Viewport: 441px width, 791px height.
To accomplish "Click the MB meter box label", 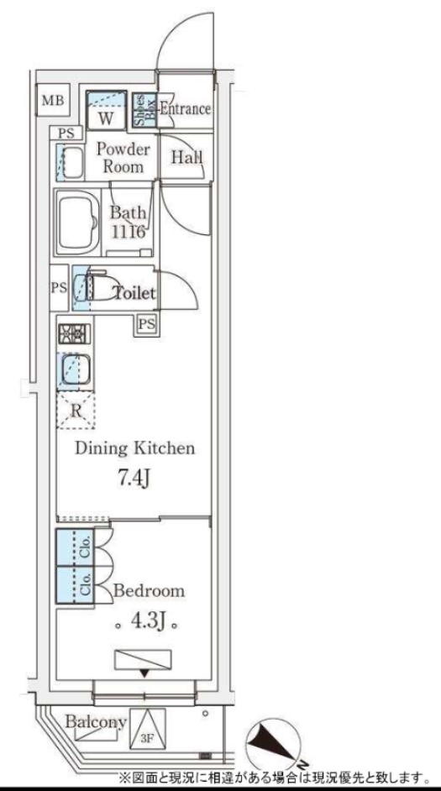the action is pyautogui.click(x=53, y=101).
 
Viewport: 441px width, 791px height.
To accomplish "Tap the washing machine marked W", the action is pyautogui.click(x=106, y=111).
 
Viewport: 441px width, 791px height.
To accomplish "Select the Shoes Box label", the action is pyautogui.click(x=145, y=109).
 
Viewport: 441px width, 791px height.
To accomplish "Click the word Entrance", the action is pyautogui.click(x=185, y=108).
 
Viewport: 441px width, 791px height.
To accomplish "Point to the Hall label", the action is pyautogui.click(x=186, y=157).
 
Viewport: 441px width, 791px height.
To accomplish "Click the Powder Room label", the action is pyautogui.click(x=123, y=158).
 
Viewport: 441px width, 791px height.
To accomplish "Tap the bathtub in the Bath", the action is pyautogui.click(x=78, y=222).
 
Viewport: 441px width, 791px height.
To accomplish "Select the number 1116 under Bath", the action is pyautogui.click(x=129, y=232).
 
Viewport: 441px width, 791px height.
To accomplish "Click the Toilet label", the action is pyautogui.click(x=134, y=293).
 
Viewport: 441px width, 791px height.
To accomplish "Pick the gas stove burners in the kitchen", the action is pyautogui.click(x=74, y=333).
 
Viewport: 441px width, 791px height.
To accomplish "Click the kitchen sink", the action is pyautogui.click(x=75, y=372).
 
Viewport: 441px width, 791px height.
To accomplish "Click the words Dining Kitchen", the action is pyautogui.click(x=135, y=448).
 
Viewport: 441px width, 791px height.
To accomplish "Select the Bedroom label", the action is pyautogui.click(x=149, y=590).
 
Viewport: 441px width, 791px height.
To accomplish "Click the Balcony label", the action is pyautogui.click(x=96, y=722).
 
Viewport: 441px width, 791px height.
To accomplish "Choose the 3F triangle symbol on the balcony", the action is pyautogui.click(x=147, y=727).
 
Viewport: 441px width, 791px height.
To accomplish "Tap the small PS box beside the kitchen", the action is pyautogui.click(x=146, y=324).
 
